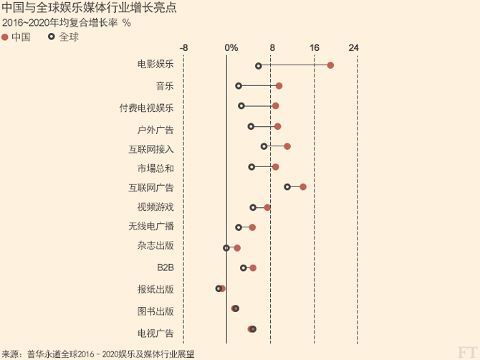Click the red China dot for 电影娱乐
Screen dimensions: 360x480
tap(330, 65)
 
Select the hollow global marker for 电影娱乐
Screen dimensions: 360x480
tap(259, 66)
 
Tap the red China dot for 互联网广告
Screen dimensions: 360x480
tap(303, 186)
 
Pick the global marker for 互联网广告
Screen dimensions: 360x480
tap(287, 186)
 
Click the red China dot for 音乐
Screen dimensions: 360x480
tap(279, 86)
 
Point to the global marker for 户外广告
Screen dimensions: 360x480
tap(251, 126)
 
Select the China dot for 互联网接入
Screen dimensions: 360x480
tap(287, 146)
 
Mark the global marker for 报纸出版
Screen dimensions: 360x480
tap(219, 288)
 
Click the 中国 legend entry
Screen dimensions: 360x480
tap(16, 37)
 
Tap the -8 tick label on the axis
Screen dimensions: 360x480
tap(184, 48)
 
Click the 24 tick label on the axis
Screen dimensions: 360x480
tap(353, 48)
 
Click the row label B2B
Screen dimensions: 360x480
tap(165, 267)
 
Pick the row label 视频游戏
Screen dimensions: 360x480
tap(155, 207)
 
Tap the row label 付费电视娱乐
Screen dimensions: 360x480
tap(146, 108)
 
